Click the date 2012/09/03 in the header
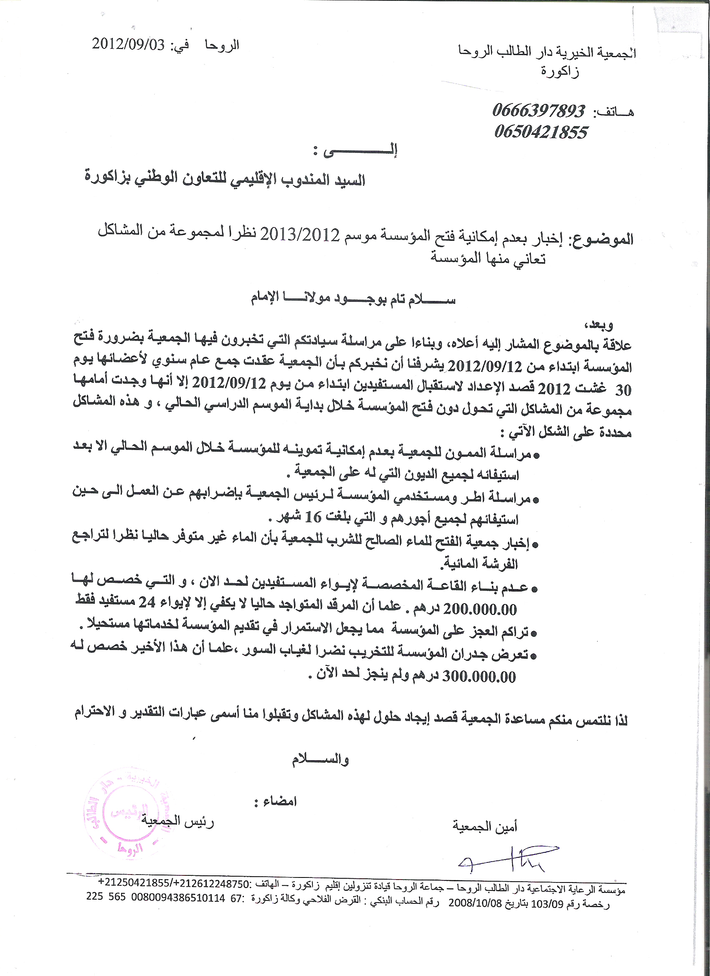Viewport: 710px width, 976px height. click(129, 45)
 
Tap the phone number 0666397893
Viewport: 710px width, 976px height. click(539, 111)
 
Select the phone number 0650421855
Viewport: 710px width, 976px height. click(541, 132)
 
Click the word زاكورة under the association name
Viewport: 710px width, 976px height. click(560, 71)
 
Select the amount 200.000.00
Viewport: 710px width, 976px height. click(480, 609)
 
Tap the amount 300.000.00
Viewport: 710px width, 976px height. click(479, 677)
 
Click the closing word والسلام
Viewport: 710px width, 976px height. click(320, 759)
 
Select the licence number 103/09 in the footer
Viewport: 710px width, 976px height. click(547, 904)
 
